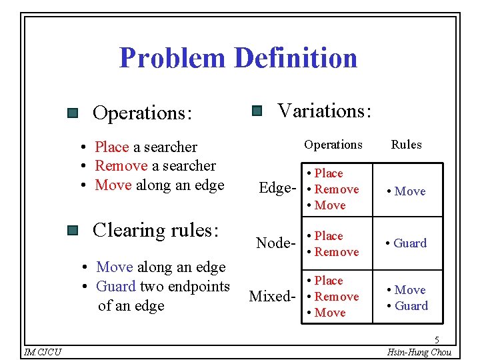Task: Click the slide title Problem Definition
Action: [x=238, y=58]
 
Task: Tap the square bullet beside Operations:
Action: [x=73, y=114]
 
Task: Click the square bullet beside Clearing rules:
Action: [x=73, y=231]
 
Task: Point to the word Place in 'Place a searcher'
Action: [x=112, y=147]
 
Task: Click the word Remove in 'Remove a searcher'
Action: [x=121, y=165]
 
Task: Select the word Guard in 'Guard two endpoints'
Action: [x=116, y=287]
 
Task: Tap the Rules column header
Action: [x=406, y=145]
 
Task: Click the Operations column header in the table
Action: [x=333, y=145]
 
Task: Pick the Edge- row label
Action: [x=275, y=189]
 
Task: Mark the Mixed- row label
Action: [x=271, y=296]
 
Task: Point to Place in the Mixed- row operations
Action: [x=329, y=281]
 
